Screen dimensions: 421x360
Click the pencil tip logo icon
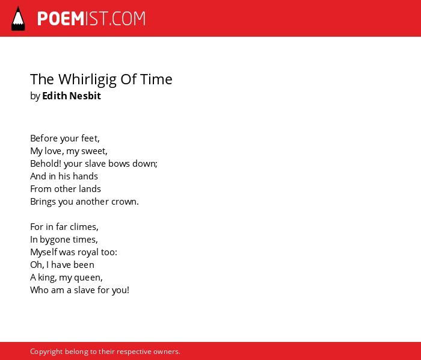tap(18, 19)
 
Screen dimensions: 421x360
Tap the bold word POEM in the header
tap(61, 19)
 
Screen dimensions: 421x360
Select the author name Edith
tap(55, 96)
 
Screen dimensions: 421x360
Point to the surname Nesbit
tap(85, 96)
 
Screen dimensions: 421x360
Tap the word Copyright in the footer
tap(46, 352)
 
